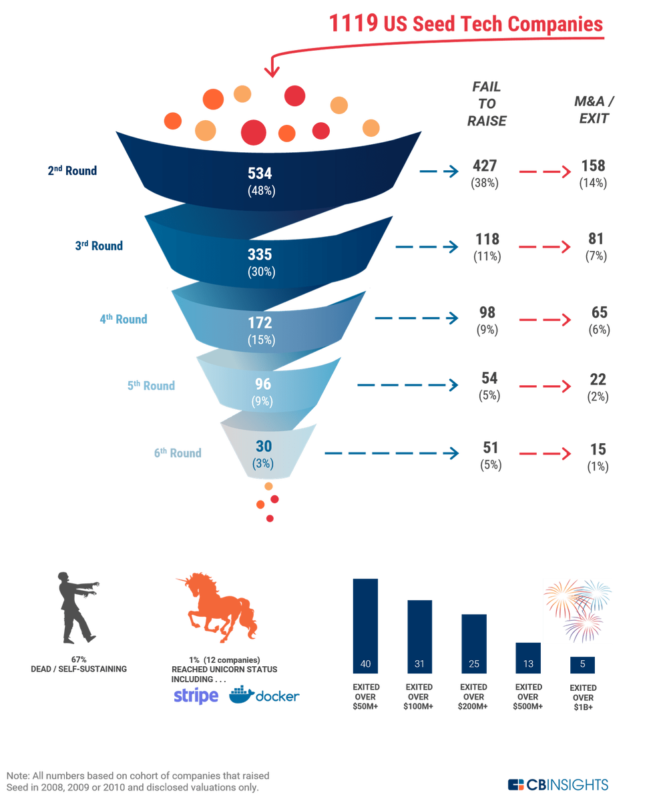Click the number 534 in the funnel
tap(260, 174)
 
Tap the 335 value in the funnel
tap(260, 254)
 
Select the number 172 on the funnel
tap(260, 323)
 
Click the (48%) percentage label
tap(260, 191)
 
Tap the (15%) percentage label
tap(260, 340)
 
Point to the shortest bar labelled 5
tap(582, 665)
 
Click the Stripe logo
tap(195, 696)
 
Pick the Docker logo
tap(264, 696)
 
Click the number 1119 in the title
tap(352, 24)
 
